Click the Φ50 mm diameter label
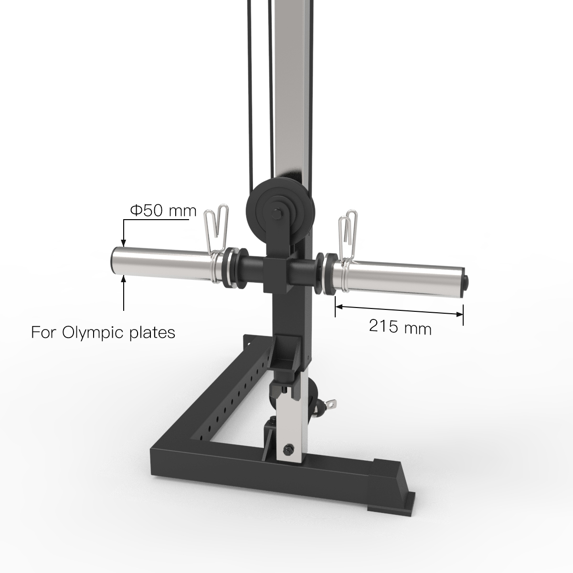[x=163, y=211]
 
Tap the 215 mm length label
[x=400, y=328]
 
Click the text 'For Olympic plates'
[x=103, y=332]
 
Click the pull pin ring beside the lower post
[x=329, y=403]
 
